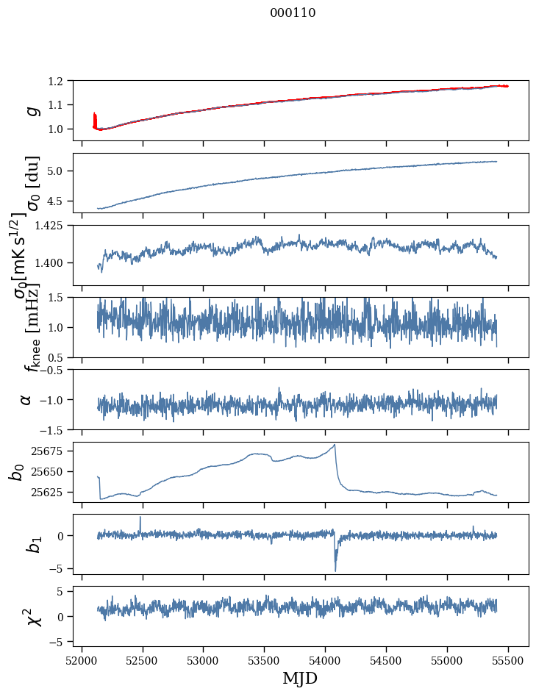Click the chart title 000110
(x=293, y=12)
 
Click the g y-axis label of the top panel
(x=31, y=110)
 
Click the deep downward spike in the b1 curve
(x=335, y=570)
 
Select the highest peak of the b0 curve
(x=335, y=444)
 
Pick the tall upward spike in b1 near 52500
(x=140, y=517)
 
